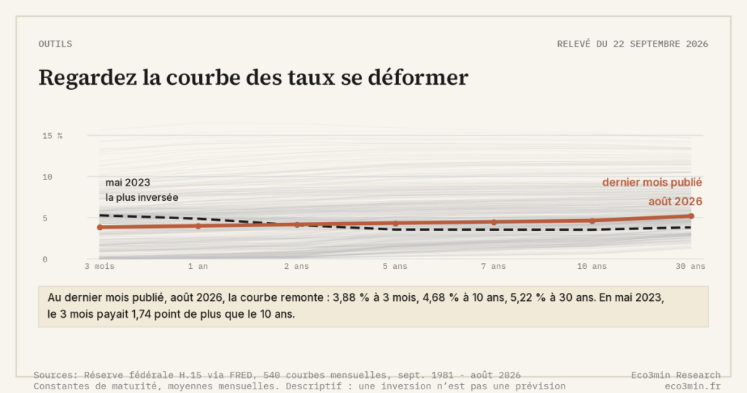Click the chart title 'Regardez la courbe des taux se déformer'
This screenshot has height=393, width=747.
253,77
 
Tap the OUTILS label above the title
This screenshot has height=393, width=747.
55,44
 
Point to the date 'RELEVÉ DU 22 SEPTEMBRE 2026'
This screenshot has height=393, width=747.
632,44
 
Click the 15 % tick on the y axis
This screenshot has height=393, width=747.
53,136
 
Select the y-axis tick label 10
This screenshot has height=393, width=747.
47,177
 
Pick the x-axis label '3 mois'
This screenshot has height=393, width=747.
99,266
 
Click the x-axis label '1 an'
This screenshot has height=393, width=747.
198,266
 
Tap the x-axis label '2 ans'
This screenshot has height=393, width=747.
297,266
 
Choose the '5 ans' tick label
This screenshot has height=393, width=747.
395,266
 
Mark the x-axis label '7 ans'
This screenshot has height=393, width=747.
494,266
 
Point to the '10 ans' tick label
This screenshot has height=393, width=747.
592,266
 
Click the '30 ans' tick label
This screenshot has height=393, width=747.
690,266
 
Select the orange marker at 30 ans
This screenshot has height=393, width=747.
692,216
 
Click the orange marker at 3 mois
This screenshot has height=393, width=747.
99,227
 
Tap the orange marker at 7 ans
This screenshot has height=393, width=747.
494,222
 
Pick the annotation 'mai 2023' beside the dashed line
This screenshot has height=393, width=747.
128,183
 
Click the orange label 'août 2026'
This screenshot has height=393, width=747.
675,202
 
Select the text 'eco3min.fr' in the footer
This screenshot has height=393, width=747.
693,386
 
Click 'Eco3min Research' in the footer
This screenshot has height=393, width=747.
676,375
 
